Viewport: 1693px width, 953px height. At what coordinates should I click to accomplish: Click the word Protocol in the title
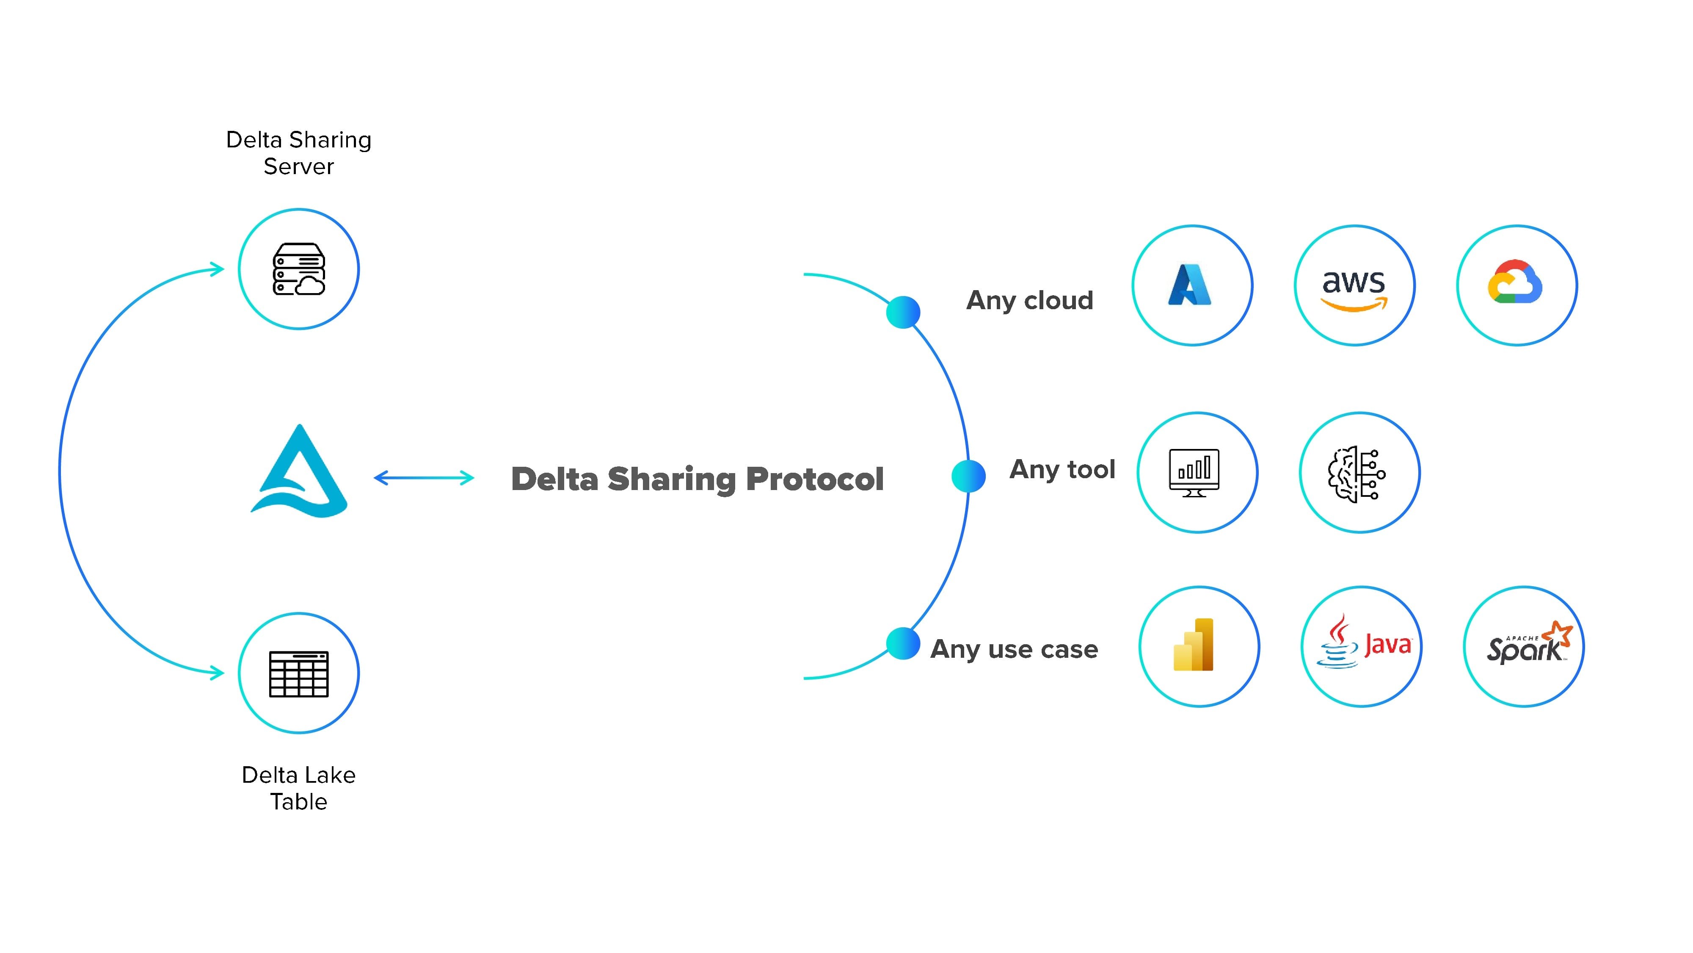point(814,479)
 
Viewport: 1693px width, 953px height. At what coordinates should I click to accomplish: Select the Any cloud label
point(1029,301)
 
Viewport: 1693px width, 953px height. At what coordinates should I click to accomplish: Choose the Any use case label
point(1014,649)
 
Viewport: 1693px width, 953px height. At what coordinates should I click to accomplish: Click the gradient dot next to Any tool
point(968,476)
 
